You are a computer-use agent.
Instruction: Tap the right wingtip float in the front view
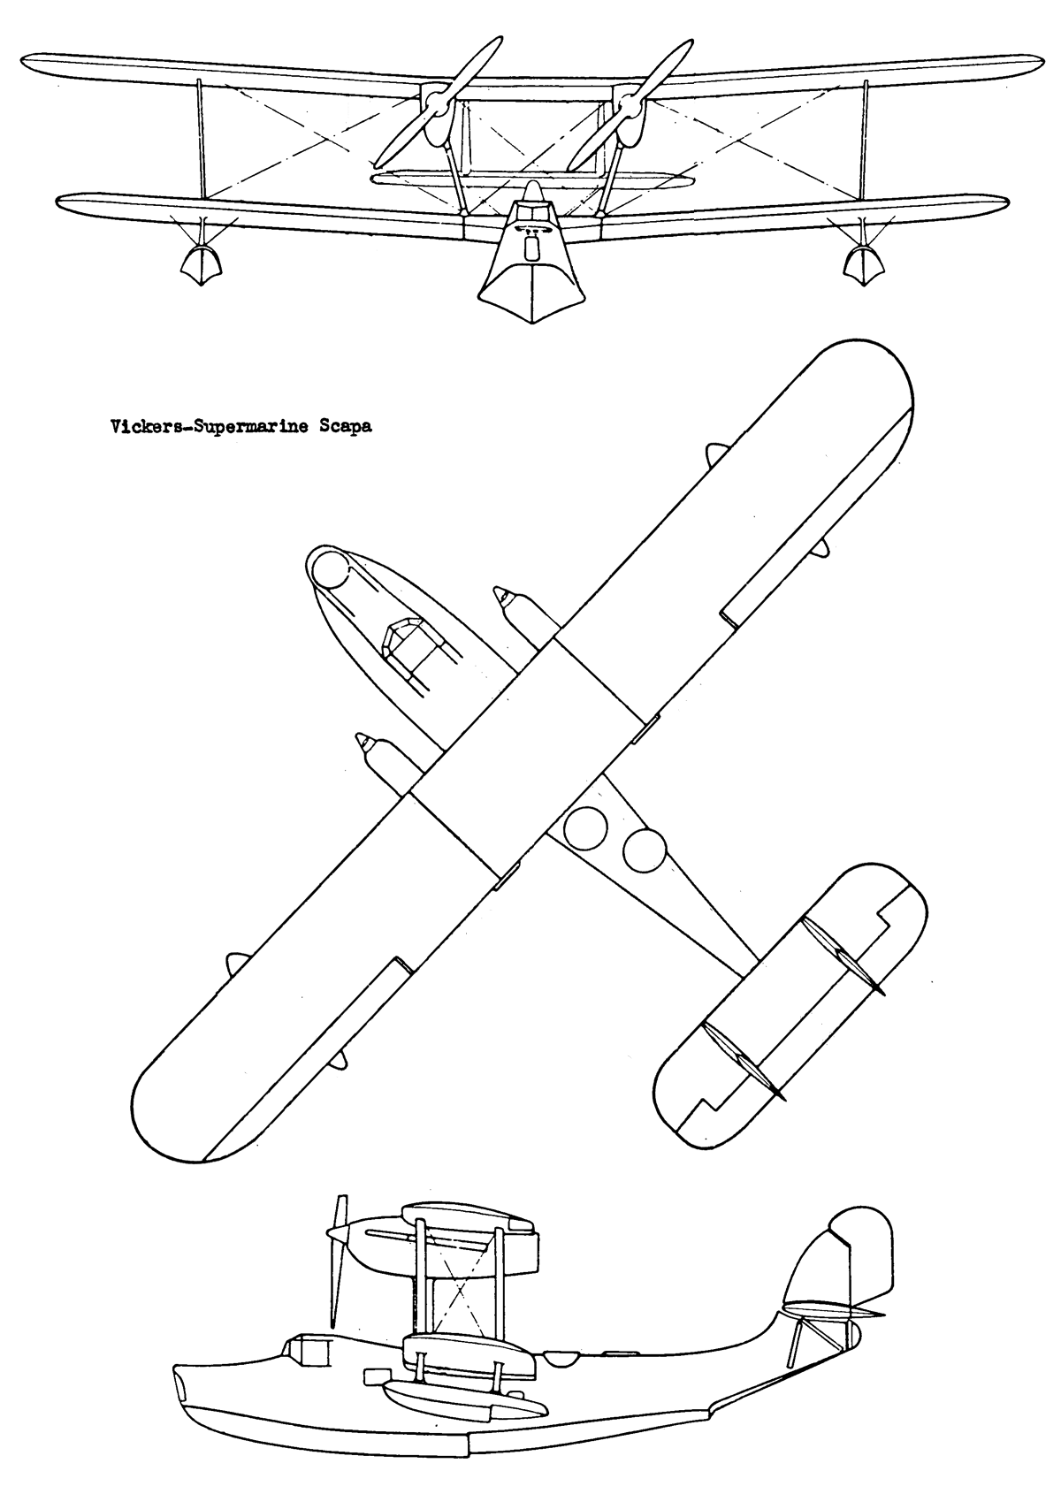(864, 263)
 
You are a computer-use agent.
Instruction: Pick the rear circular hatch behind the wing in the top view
(644, 850)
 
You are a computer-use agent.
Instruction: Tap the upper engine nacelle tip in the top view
(500, 593)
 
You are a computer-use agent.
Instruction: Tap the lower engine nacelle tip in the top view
(363, 741)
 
